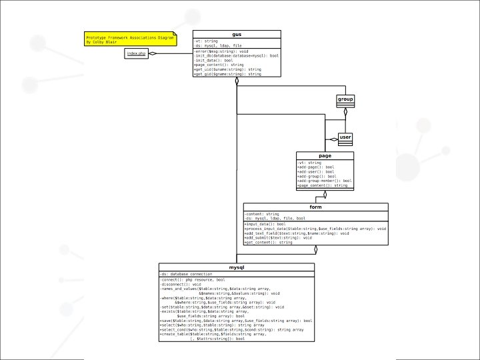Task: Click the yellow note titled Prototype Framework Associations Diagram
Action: pos(130,39)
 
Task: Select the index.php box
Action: pos(137,53)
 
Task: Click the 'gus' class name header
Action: pos(237,34)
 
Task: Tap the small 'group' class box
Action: pos(345,99)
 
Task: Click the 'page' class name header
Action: pos(325,156)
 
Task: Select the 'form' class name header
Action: pos(315,207)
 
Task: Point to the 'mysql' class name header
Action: pos(236,267)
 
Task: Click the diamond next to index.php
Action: pos(153,53)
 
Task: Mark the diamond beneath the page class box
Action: pos(325,194)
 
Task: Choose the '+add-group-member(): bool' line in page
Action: pos(325,181)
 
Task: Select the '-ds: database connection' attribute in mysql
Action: pos(187,274)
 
